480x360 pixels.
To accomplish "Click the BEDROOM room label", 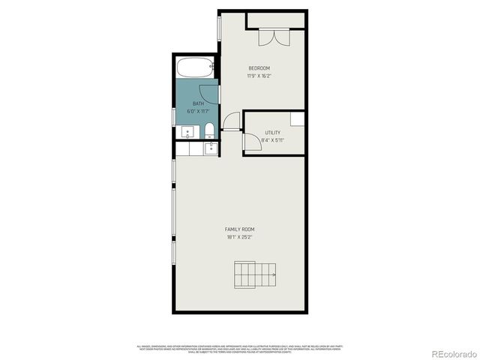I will coord(259,68).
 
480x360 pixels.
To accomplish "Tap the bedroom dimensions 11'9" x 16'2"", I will coord(259,76).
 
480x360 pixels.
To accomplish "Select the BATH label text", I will coord(198,103).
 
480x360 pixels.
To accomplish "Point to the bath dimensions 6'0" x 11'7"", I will coord(198,111).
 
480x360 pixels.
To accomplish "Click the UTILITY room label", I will coord(272,132).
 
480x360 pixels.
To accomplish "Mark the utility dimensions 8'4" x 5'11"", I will coord(272,139).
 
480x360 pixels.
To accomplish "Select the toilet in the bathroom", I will coord(210,131).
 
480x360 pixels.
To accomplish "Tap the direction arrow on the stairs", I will coord(273,275).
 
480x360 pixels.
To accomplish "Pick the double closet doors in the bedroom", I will coord(268,36).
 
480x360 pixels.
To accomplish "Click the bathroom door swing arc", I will coord(211,91).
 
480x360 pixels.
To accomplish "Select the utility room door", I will coord(252,142).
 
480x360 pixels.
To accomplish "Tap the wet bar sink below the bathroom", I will coord(211,148).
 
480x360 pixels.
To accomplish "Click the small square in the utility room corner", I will coord(298,118).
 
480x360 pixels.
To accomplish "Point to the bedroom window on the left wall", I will coord(218,27).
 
